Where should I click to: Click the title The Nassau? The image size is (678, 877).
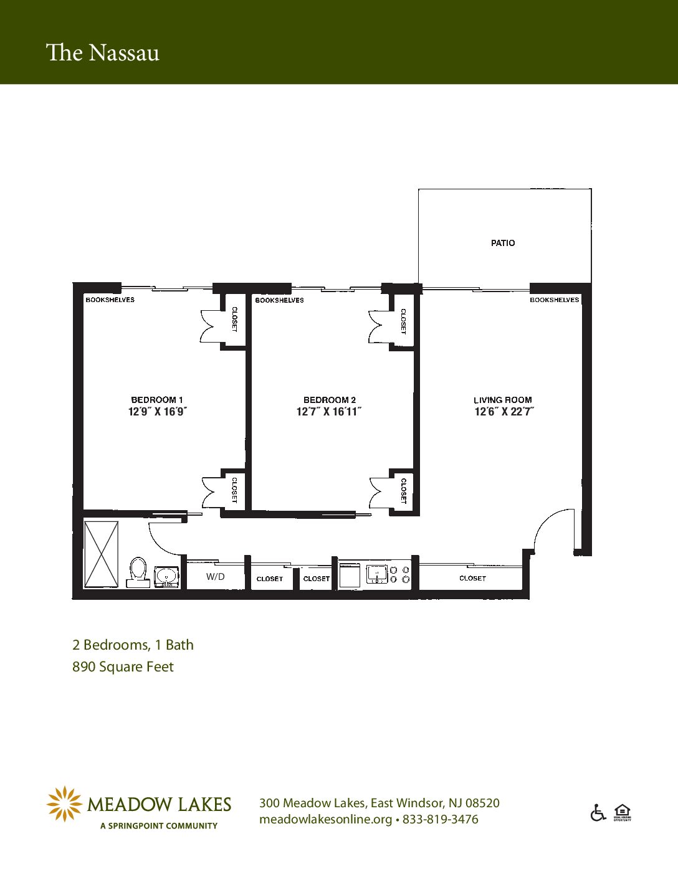[103, 53]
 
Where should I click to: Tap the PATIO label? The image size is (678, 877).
[503, 243]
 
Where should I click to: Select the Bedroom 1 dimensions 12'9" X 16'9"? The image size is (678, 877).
[158, 412]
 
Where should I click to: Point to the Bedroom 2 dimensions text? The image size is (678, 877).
[328, 412]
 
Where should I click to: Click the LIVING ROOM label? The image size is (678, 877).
[503, 400]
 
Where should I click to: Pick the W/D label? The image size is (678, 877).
[215, 577]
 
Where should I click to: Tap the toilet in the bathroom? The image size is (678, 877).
[138, 572]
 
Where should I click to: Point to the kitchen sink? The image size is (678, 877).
[377, 574]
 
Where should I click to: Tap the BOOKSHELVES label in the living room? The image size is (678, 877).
[554, 300]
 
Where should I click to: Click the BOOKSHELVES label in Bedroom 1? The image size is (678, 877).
[110, 300]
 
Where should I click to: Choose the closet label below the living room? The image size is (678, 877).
[472, 579]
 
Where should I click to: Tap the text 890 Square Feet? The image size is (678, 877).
[123, 666]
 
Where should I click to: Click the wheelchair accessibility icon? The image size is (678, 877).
[598, 812]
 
